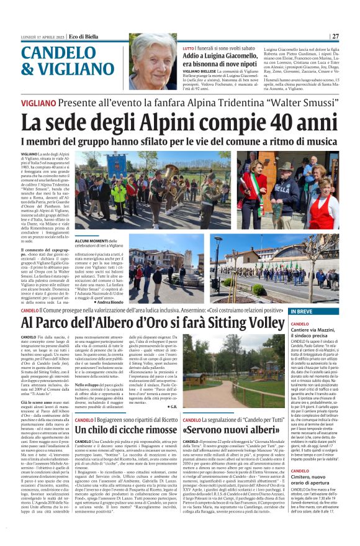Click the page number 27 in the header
(335, 36)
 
